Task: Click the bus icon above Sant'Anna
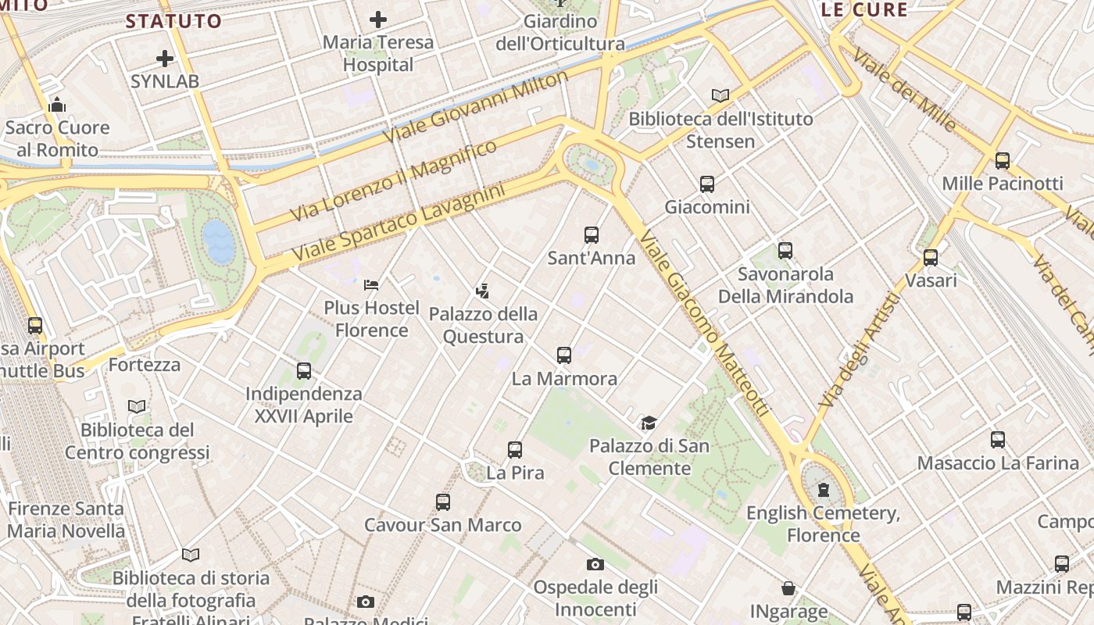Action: click(x=592, y=234)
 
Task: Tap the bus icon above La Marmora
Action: click(x=564, y=355)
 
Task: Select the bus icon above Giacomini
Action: click(x=707, y=184)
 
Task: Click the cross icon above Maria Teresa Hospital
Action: click(x=378, y=20)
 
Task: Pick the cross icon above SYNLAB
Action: click(x=165, y=59)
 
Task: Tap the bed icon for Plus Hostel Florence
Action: click(x=371, y=284)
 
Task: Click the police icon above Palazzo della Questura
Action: click(x=482, y=291)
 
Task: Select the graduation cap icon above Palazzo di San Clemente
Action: click(x=649, y=423)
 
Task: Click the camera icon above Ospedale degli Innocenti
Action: click(x=595, y=564)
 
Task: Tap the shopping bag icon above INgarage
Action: click(x=788, y=588)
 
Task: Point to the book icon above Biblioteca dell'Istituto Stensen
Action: click(x=720, y=96)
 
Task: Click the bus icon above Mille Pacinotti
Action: click(x=1003, y=161)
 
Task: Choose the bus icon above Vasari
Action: click(x=931, y=257)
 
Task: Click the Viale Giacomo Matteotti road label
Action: click(x=704, y=323)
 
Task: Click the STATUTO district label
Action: click(x=173, y=21)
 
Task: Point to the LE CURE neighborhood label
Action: click(x=864, y=10)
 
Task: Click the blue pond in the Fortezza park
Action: click(x=219, y=241)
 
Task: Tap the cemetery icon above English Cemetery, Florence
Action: click(x=823, y=490)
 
